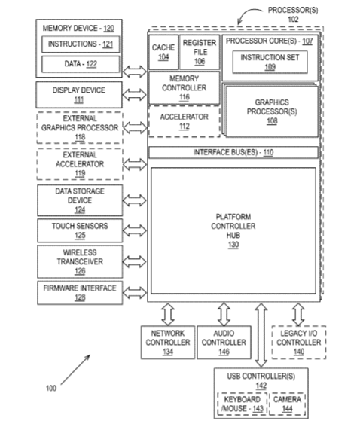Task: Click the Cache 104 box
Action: pos(163,52)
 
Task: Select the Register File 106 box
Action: pos(200,52)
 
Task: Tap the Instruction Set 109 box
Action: pos(270,62)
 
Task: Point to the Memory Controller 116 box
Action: pos(185,87)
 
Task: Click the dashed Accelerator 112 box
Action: pos(185,121)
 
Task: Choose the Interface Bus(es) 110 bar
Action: pos(233,152)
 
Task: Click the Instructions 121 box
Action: pos(81,44)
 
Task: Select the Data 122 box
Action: pos(81,64)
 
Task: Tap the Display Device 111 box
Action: pos(79,95)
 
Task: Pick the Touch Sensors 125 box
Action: pos(80,230)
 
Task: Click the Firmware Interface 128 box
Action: pos(80,293)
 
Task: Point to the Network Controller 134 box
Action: pos(168,343)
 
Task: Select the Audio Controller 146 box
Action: pos(224,343)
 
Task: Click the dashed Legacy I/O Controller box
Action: pos(299,343)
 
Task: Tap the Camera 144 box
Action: pos(288,404)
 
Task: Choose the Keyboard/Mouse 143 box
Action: pos(242,404)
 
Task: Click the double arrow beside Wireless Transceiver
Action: pos(134,261)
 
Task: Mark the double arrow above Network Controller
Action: pos(168,314)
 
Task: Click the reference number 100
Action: pos(51,388)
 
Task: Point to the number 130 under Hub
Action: pos(233,245)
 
